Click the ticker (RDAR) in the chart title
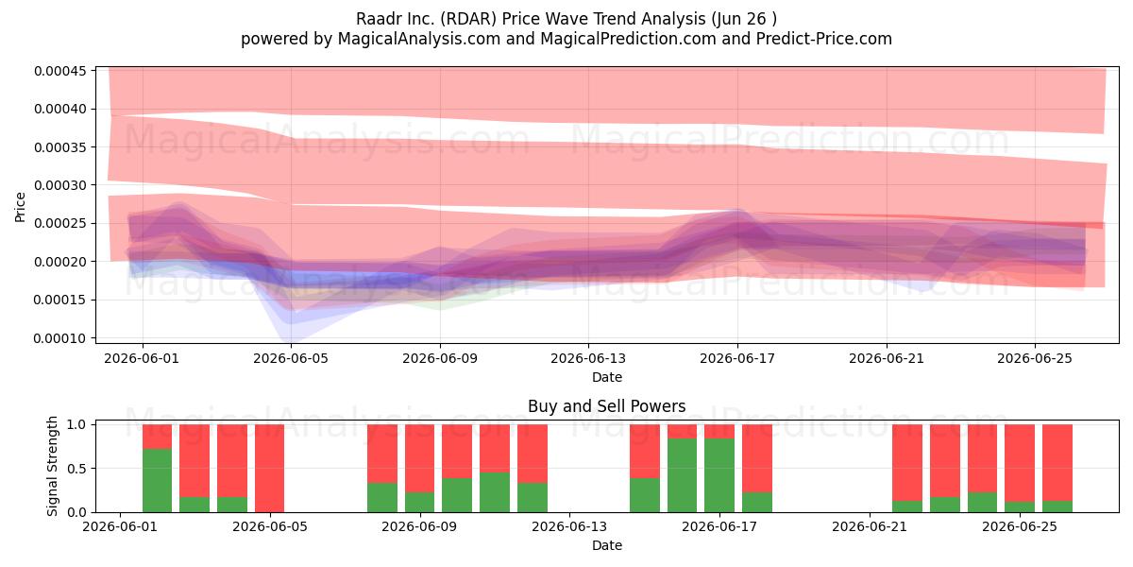click(468, 19)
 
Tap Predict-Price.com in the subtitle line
click(824, 39)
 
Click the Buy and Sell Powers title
click(606, 406)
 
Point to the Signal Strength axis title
click(52, 466)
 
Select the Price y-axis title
click(20, 207)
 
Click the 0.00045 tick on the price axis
click(60, 71)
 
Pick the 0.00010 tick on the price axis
click(60, 338)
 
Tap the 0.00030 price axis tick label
click(60, 185)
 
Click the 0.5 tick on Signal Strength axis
click(76, 469)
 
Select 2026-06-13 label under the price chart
click(588, 358)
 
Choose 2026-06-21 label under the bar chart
click(870, 527)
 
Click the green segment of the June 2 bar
click(158, 480)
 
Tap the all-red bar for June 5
click(270, 469)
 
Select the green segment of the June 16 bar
click(683, 475)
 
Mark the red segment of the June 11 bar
click(495, 449)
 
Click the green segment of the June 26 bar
click(1057, 507)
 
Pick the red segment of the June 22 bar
click(907, 463)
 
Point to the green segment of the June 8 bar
click(382, 498)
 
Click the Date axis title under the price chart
click(607, 377)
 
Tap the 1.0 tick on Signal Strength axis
click(76, 424)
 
